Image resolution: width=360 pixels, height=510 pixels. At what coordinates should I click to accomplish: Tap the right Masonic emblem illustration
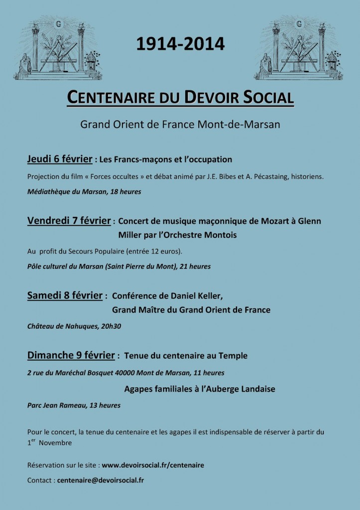[299, 49]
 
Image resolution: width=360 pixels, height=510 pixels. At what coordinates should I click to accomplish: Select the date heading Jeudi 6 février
[60, 159]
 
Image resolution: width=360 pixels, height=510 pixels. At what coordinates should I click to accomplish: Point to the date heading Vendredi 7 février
[70, 220]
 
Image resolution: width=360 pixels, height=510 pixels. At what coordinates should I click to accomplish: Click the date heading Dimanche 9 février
[72, 356]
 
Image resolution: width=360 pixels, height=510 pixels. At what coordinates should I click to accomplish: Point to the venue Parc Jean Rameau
[55, 405]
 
